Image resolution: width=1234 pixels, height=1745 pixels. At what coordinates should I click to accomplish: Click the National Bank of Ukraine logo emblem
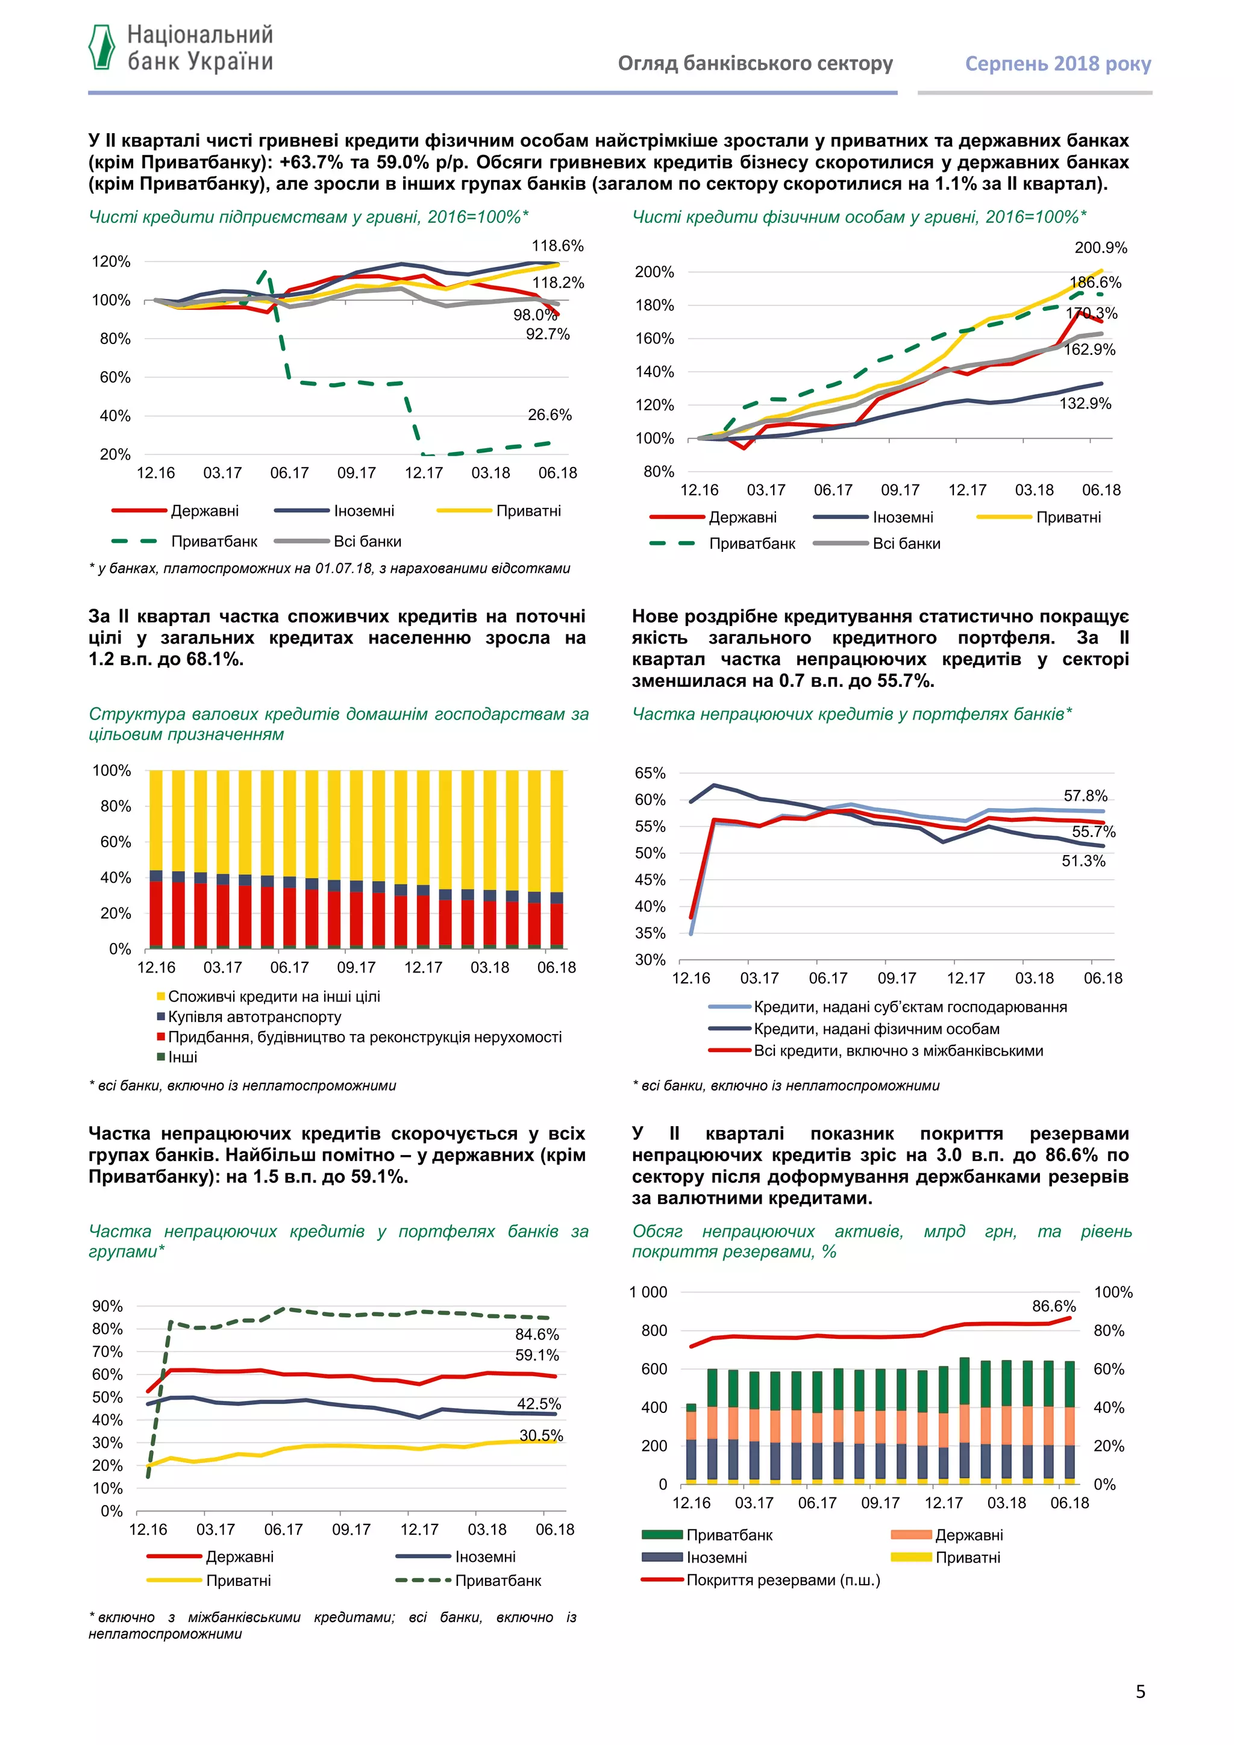[x=102, y=47]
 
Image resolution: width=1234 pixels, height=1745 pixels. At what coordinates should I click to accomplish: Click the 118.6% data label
[x=557, y=245]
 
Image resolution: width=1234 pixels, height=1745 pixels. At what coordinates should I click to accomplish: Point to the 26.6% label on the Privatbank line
[x=550, y=415]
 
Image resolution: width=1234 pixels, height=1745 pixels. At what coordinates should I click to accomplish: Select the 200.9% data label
[x=1100, y=248]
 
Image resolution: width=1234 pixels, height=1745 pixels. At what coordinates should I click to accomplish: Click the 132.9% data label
[x=1085, y=404]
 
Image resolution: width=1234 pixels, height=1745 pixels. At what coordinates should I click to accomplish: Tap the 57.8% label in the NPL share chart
[x=1085, y=796]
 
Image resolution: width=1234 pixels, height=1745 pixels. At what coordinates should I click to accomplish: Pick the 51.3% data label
[x=1083, y=861]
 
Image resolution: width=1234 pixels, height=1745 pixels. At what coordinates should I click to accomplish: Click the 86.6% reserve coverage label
[x=1053, y=1306]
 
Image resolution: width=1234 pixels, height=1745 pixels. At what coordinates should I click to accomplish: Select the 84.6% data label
[x=536, y=1335]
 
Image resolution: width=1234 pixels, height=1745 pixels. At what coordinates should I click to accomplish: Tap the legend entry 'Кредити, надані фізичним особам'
[x=876, y=1029]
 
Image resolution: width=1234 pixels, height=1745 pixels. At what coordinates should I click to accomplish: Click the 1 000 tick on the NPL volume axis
[x=648, y=1292]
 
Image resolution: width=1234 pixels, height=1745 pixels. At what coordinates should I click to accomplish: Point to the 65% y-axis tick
[x=650, y=773]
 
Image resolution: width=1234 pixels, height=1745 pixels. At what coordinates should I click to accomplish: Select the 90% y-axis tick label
[x=107, y=1306]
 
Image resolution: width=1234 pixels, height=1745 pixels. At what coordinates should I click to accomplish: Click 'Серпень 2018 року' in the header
[x=1057, y=64]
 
